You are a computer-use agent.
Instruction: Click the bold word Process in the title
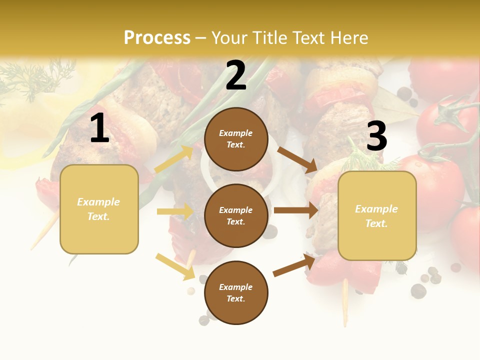[x=157, y=38]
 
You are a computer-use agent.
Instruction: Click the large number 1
[x=99, y=128]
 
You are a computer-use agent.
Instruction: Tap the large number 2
[x=236, y=75]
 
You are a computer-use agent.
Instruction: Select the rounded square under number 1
[x=99, y=209]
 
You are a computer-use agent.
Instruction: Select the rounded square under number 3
[x=377, y=215]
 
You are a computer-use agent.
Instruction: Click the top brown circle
[x=236, y=139]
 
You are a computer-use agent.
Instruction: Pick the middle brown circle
[x=236, y=215]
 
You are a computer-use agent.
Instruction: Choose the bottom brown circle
[x=236, y=292]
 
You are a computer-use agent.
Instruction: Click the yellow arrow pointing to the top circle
[x=174, y=159]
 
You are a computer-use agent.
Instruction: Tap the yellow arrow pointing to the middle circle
[x=175, y=211]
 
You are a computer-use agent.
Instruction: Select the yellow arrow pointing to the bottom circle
[x=175, y=266]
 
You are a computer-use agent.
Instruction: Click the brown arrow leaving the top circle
[x=297, y=159]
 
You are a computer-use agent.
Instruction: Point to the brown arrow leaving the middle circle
[x=296, y=210]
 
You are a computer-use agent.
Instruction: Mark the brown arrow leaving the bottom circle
[x=294, y=265]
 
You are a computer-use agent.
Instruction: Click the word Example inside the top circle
[x=236, y=133]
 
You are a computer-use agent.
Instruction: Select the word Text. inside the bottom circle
[x=236, y=298]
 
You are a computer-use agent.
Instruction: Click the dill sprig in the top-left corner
[x=35, y=77]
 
